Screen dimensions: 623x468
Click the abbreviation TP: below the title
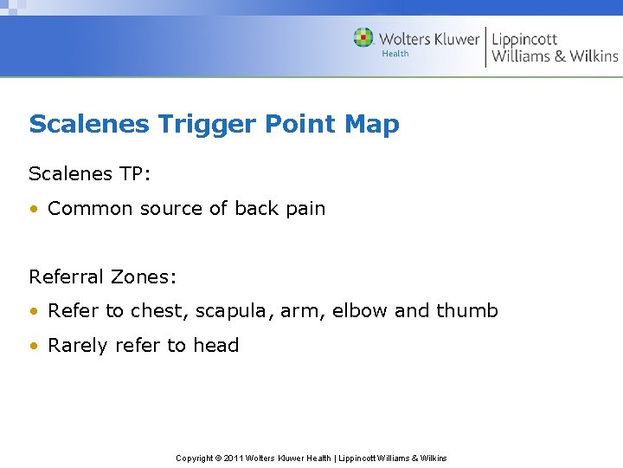pos(135,173)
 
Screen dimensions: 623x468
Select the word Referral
pos(66,277)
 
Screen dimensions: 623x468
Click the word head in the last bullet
pos(215,345)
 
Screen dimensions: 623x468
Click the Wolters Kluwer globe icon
pos(363,38)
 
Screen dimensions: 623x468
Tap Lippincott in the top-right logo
pos(524,39)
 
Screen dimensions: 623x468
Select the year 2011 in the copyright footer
pos(234,458)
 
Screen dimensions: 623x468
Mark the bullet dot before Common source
pos(34,209)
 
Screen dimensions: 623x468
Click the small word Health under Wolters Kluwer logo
pos(395,54)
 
